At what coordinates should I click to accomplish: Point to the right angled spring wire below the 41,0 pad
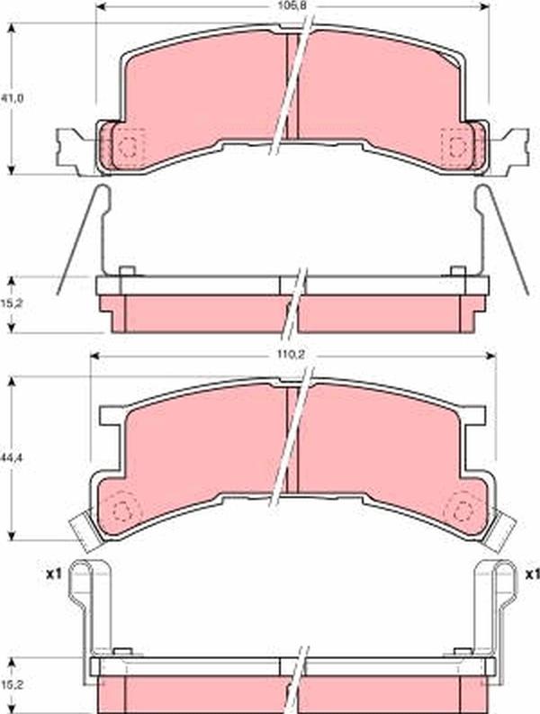pos(506,239)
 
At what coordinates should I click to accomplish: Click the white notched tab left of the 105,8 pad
pos(72,149)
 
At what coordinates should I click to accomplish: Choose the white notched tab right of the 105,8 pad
pos(513,149)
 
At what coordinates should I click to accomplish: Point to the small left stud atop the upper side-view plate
pos(127,271)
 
